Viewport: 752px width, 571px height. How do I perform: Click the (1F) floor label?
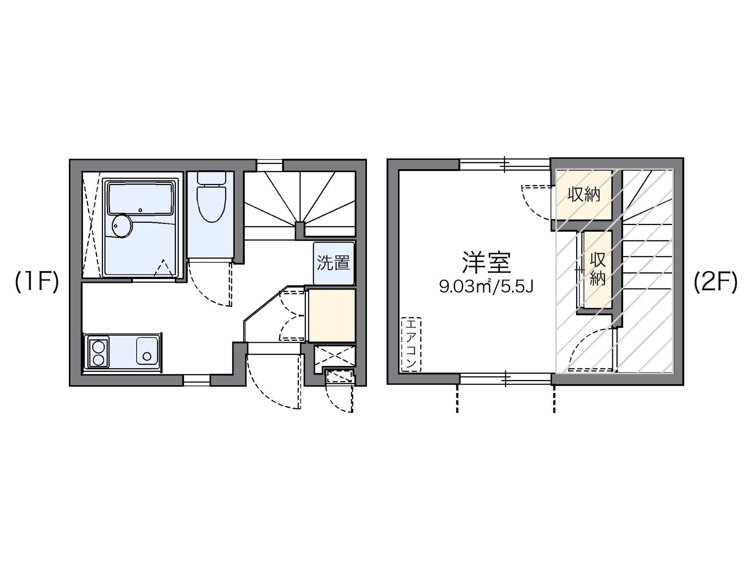click(37, 282)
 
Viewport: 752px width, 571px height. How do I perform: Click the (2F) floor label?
click(716, 282)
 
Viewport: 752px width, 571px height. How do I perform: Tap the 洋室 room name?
click(486, 262)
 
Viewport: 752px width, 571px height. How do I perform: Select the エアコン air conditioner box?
click(411, 344)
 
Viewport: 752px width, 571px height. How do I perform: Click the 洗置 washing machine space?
click(334, 263)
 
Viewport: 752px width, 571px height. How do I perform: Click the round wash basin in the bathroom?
click(122, 226)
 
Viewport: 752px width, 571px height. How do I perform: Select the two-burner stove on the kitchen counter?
click(98, 352)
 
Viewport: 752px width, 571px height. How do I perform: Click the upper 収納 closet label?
click(584, 194)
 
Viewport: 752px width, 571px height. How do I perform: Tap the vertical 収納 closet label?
click(598, 269)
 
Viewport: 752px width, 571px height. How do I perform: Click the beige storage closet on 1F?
click(332, 315)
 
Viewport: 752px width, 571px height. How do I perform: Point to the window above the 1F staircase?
click(269, 165)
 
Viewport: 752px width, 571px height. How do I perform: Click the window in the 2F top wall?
click(505, 164)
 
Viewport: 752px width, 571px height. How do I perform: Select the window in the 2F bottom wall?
click(505, 378)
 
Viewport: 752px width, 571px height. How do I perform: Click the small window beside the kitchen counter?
click(197, 380)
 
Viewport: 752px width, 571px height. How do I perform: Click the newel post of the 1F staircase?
click(300, 231)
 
